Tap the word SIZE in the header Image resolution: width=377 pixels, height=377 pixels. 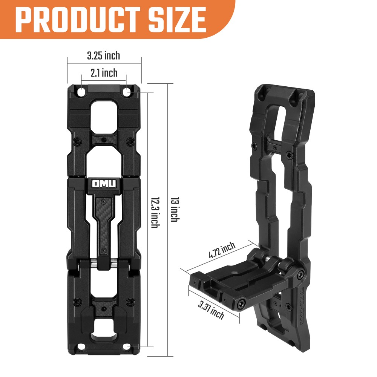pyautogui.click(x=178, y=18)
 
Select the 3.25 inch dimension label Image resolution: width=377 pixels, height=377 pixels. pyautogui.click(x=103, y=56)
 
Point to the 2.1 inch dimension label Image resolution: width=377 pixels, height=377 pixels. pyautogui.click(x=104, y=73)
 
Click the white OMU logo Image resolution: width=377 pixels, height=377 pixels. pyautogui.click(x=104, y=184)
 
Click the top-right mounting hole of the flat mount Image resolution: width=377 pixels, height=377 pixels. pyautogui.click(x=127, y=92)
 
